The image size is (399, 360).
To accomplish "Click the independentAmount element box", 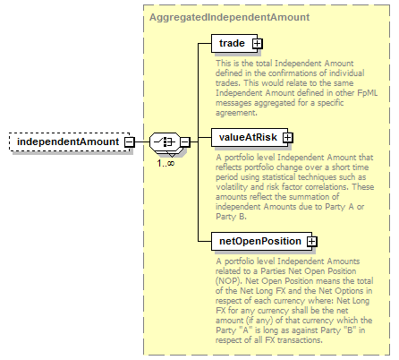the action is click(70, 141).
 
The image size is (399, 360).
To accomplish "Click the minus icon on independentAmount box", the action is click(130, 141).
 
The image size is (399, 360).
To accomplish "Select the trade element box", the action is click(234, 44).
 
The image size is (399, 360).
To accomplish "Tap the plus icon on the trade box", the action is click(257, 44).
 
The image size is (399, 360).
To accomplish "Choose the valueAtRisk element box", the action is click(250, 138).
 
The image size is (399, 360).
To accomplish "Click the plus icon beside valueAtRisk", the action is click(288, 138).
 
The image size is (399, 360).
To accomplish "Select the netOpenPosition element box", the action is click(261, 241).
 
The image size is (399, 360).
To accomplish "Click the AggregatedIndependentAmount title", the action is click(229, 17).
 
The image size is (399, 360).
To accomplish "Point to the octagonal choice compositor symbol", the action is click(165, 141).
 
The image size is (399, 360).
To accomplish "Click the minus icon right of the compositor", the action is click(185, 141).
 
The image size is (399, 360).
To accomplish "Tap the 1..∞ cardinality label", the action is click(166, 163).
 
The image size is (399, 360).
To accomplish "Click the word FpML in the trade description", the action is click(368, 93).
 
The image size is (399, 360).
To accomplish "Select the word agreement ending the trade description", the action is click(235, 113).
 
